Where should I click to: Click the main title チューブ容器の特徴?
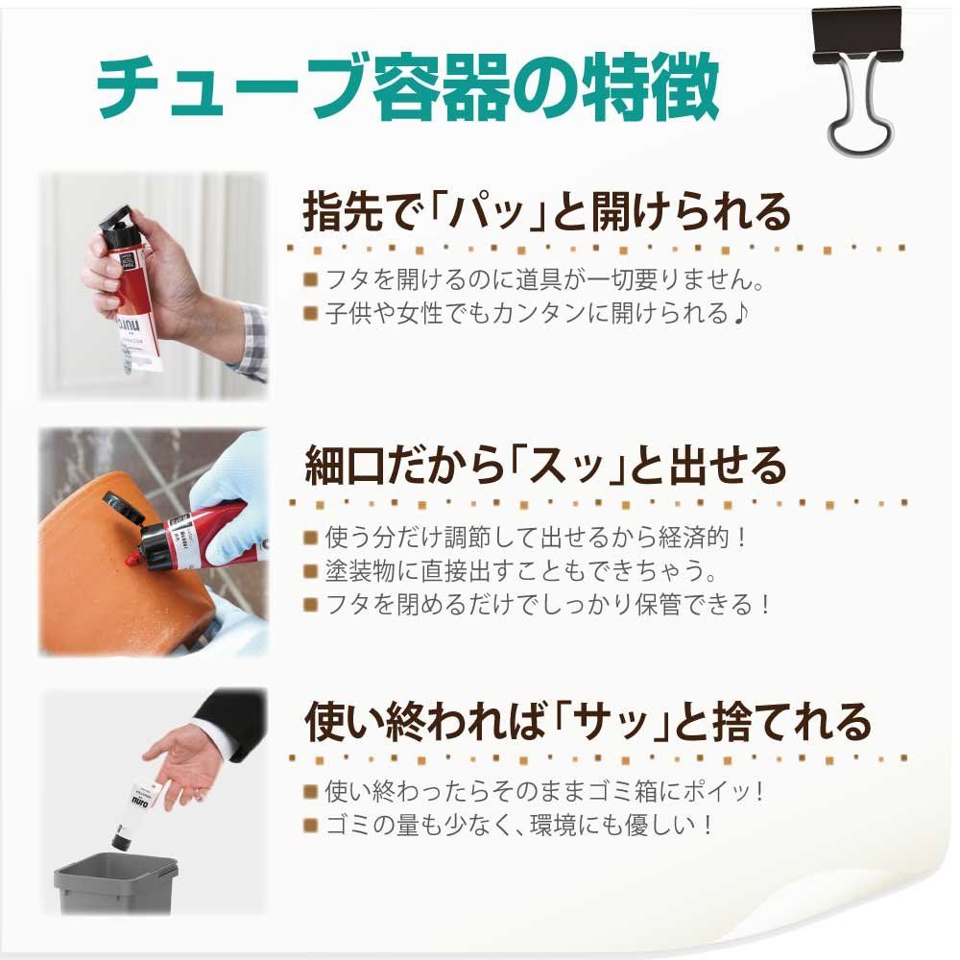click(x=408, y=87)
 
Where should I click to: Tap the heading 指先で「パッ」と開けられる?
click(x=547, y=212)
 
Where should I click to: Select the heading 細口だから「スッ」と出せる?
click(x=545, y=466)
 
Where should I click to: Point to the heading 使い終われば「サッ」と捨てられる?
click(x=588, y=722)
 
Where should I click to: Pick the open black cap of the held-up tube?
click(x=117, y=222)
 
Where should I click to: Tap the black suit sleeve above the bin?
click(x=231, y=719)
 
